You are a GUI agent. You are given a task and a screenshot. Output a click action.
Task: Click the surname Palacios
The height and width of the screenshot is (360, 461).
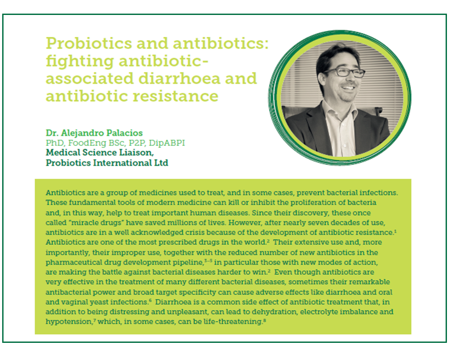(x=124, y=133)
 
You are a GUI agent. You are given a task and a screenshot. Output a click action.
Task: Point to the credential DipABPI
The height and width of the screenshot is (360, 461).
(x=167, y=143)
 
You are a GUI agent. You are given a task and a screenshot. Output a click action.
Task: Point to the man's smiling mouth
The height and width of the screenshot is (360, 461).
(x=348, y=87)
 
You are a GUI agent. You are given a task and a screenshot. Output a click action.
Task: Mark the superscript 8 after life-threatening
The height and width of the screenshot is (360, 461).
(x=265, y=320)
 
